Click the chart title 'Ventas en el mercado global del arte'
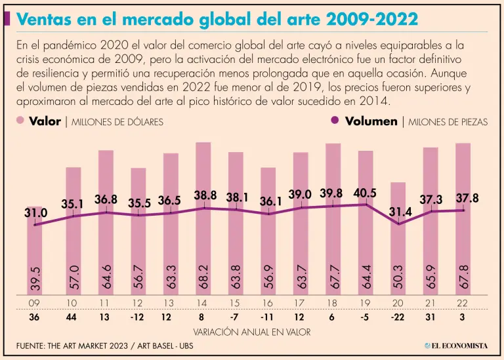[x=217, y=20]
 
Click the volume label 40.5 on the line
[x=364, y=195]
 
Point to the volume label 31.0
[x=36, y=213]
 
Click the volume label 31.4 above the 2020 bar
[x=399, y=212]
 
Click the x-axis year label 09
[x=35, y=304]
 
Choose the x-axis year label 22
[x=463, y=304]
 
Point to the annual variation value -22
[x=398, y=318]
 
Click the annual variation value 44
[x=73, y=318]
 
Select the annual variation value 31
[x=430, y=318]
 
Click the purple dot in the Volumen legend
[x=335, y=121]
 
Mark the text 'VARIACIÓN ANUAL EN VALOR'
[x=252, y=332]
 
